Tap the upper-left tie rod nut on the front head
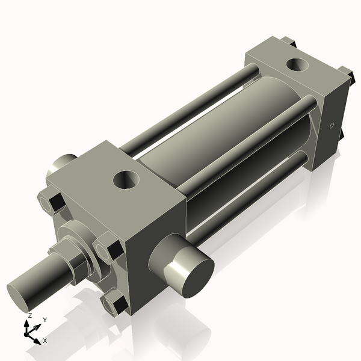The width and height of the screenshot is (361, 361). [50, 202]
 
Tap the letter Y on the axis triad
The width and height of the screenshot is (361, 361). [45, 320]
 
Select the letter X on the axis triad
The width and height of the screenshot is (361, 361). [45, 341]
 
